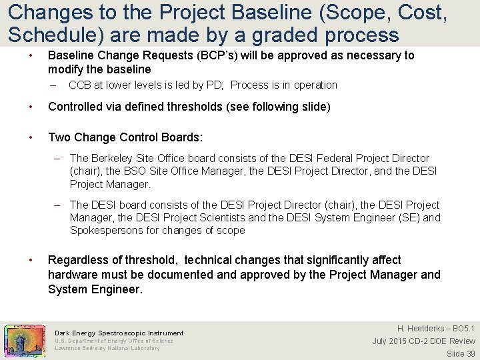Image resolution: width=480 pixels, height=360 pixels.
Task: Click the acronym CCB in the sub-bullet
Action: pos(81,85)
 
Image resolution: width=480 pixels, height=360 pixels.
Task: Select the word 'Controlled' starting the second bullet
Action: pos(74,107)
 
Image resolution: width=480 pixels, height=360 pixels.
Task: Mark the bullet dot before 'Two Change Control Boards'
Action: pos(31,137)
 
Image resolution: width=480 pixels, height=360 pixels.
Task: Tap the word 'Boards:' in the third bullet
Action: pos(184,137)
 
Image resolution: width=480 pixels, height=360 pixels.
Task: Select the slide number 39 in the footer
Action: pos(470,354)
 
